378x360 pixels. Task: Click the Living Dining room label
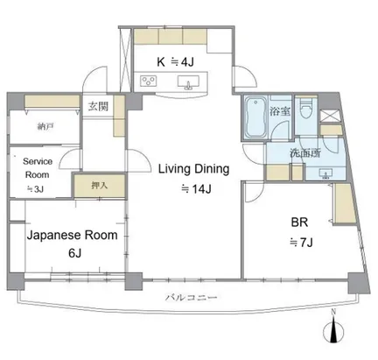[x=193, y=170]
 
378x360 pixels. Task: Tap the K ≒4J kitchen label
[x=175, y=62]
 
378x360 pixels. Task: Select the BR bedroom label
[x=299, y=222]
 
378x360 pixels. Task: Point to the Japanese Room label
[x=73, y=235]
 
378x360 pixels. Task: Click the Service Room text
[x=38, y=168]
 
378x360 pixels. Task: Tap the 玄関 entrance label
[x=98, y=106]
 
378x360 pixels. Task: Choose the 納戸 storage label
[x=45, y=127]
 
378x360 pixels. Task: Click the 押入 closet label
[x=100, y=186]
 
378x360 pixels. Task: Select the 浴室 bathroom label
[x=280, y=111]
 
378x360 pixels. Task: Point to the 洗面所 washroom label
[x=305, y=153]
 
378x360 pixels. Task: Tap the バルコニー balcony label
[x=192, y=298]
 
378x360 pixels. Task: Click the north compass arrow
[x=333, y=331]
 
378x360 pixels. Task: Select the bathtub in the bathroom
[x=255, y=118]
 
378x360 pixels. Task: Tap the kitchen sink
[x=188, y=81]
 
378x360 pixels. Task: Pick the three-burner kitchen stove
[x=148, y=81]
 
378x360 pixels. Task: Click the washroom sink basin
[x=325, y=173]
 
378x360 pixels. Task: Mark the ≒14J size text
[x=196, y=189]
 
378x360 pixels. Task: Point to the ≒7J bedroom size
[x=301, y=242]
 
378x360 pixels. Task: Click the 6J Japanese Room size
[x=74, y=253]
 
